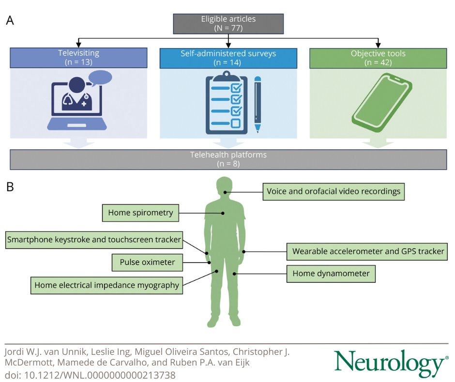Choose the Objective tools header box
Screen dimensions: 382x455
pyautogui.click(x=378, y=57)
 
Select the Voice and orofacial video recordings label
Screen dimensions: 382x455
pyautogui.click(x=334, y=191)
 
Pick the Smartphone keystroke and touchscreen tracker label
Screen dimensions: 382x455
pyautogui.click(x=94, y=239)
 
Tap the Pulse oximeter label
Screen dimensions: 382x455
pyautogui.click(x=147, y=263)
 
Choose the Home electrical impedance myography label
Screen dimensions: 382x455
pyautogui.click(x=106, y=285)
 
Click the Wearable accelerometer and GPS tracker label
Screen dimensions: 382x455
pyautogui.click(x=368, y=252)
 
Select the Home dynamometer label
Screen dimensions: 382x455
pyautogui.click(x=331, y=274)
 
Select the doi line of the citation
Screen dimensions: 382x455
pyautogui.click(x=90, y=375)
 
